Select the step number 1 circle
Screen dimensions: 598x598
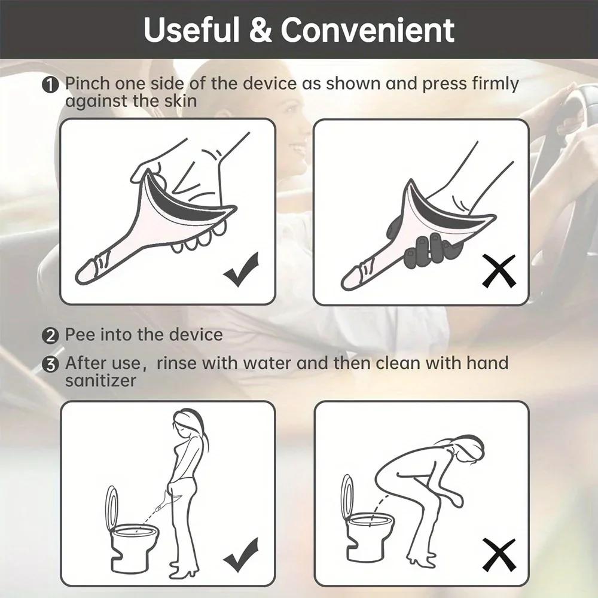(x=51, y=85)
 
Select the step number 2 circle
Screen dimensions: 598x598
(x=51, y=335)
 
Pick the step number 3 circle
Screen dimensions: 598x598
(x=51, y=364)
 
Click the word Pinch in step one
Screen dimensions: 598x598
(x=88, y=84)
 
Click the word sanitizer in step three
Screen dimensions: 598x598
(x=100, y=380)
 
